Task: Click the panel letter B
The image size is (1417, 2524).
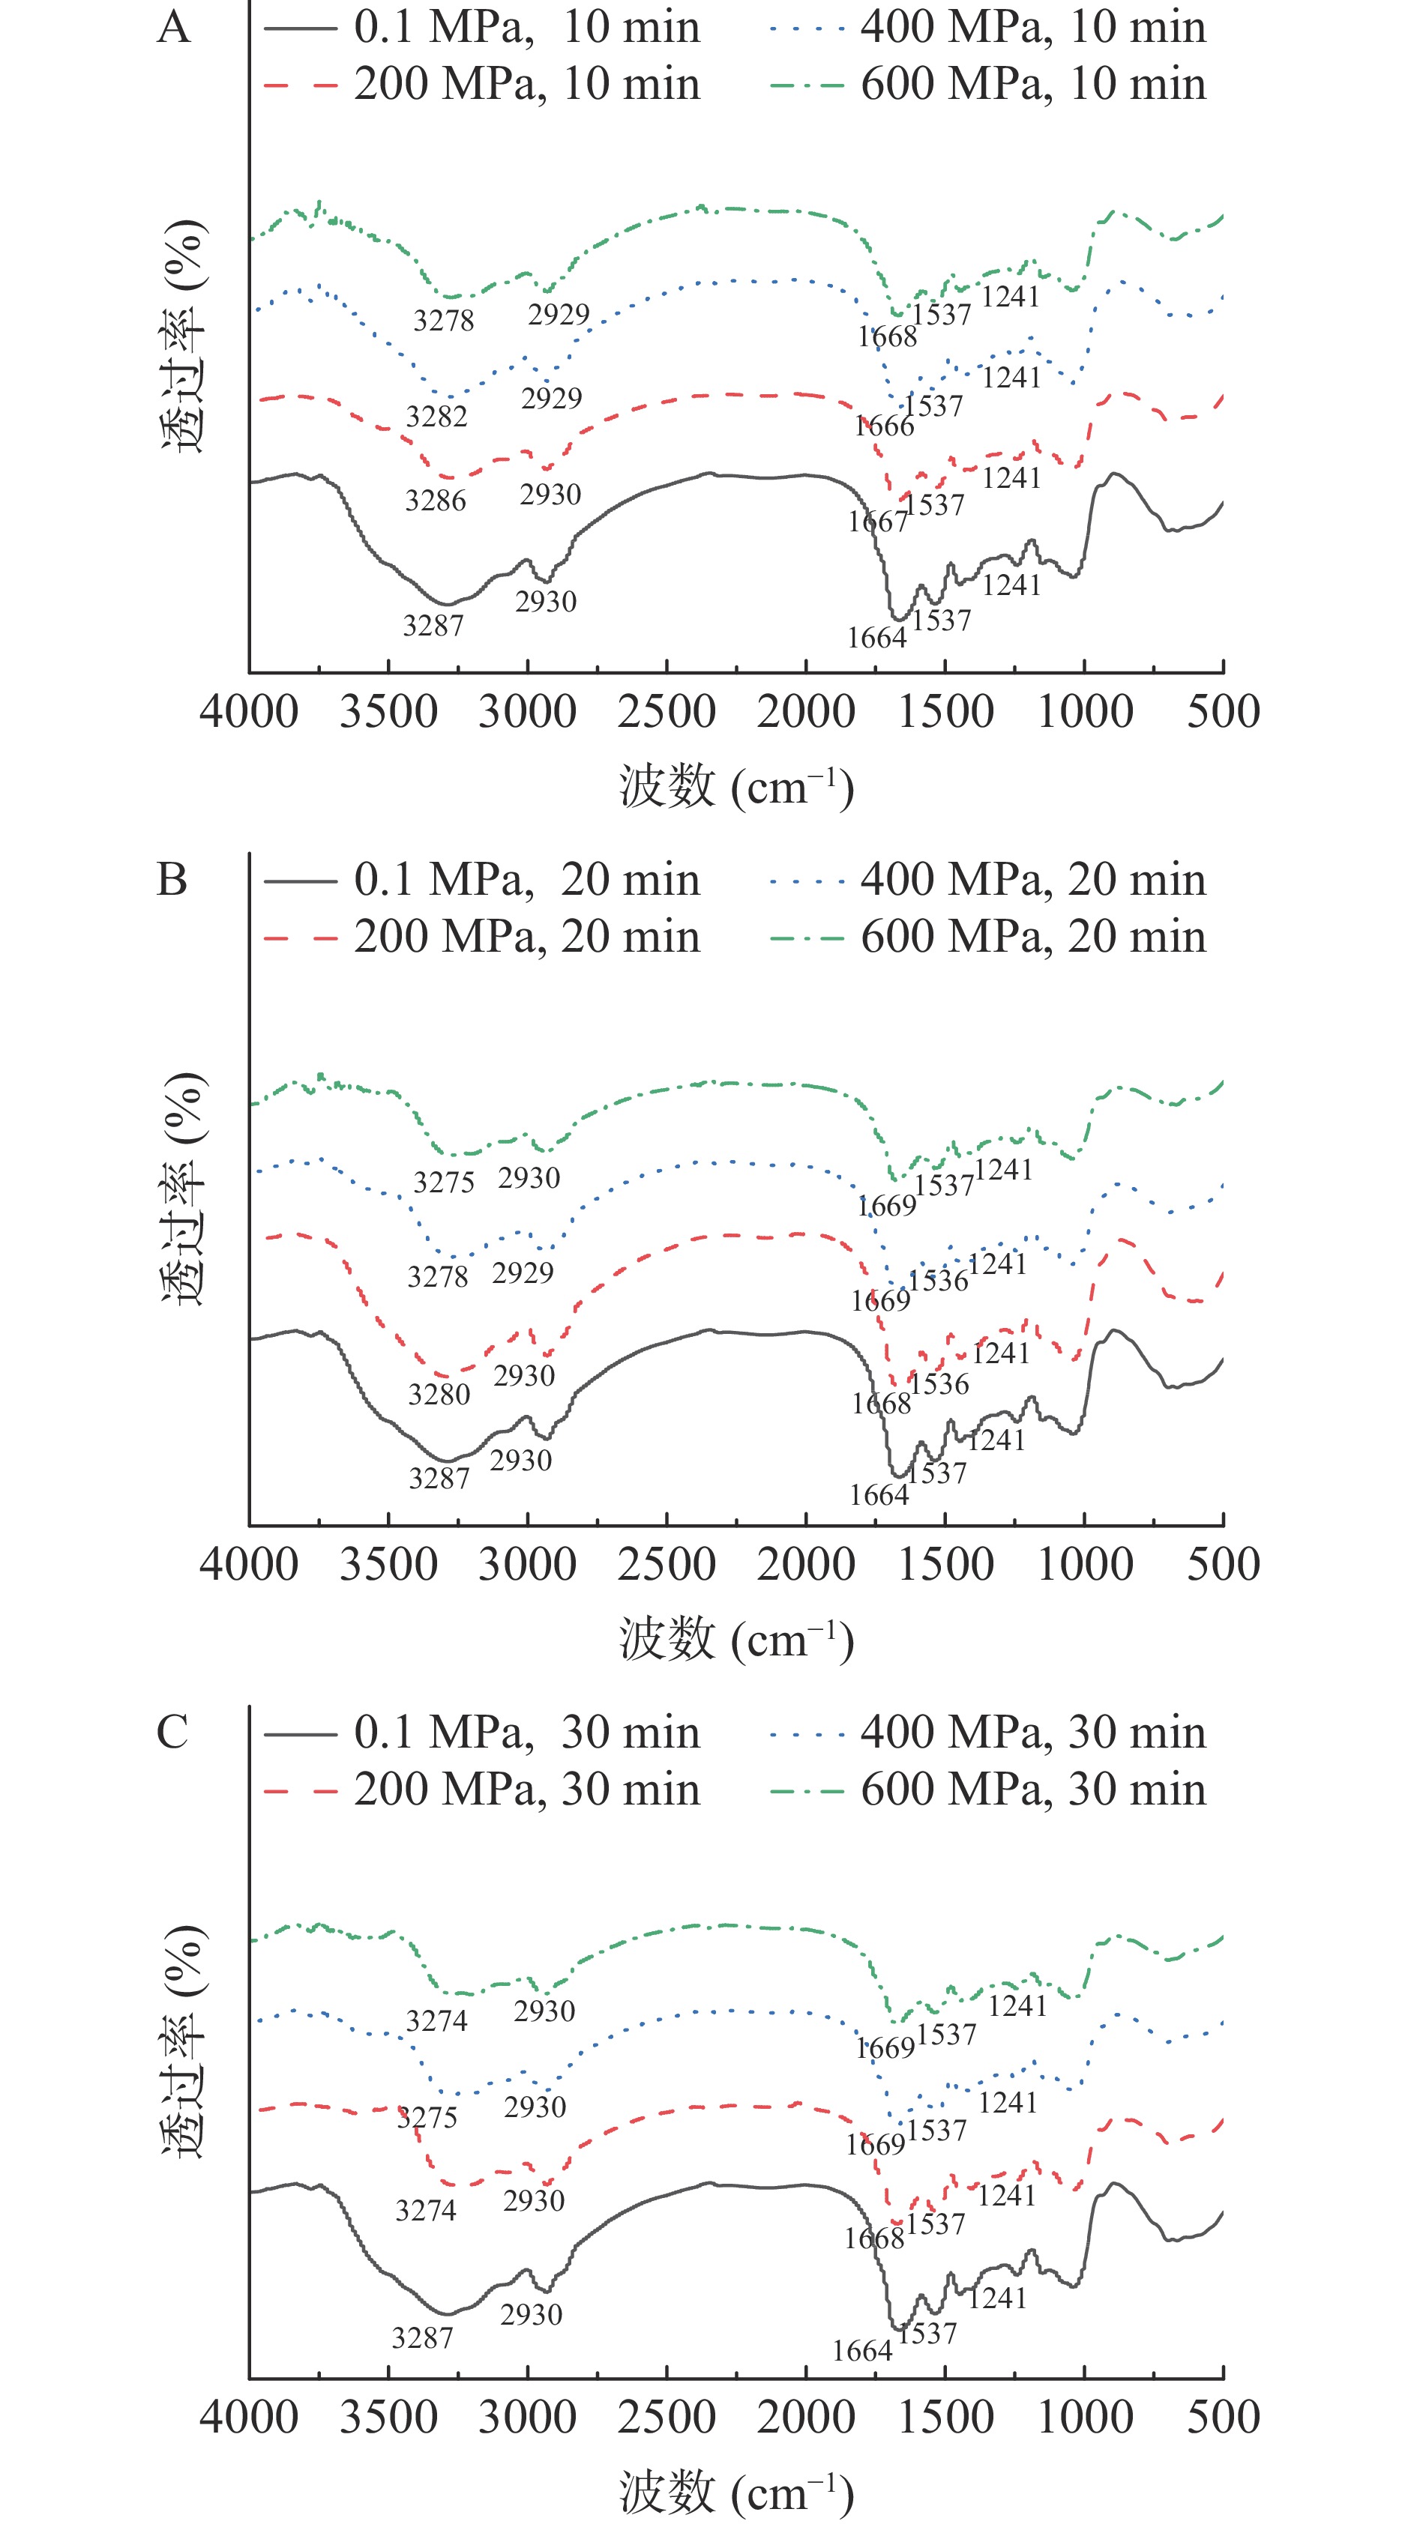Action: click(172, 879)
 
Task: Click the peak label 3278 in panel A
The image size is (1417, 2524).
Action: click(444, 321)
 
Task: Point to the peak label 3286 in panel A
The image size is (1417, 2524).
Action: click(436, 501)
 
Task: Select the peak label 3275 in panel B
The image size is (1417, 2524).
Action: click(444, 1182)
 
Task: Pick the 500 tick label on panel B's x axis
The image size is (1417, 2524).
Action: click(1223, 1564)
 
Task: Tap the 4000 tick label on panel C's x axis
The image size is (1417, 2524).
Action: click(249, 2416)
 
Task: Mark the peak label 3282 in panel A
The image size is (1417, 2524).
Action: click(437, 417)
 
